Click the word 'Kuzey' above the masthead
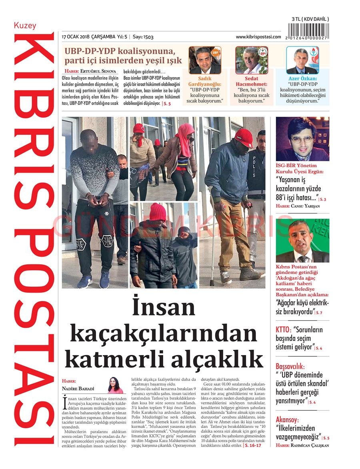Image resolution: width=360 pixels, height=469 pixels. [25, 26]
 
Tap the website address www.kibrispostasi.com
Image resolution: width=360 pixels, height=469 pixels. [258, 37]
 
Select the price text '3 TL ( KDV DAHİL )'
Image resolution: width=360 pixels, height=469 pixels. [310, 19]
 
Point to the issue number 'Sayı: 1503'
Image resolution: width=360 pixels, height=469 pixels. [143, 37]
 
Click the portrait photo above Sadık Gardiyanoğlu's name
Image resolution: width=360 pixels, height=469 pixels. [205, 60]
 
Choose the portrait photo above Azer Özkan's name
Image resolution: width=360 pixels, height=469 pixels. [302, 60]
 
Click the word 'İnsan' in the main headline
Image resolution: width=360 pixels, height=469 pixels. [164, 308]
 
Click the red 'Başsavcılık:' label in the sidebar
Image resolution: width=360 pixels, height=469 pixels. [290, 366]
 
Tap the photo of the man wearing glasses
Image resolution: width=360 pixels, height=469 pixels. [302, 139]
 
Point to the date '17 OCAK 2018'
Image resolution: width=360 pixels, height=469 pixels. [76, 37]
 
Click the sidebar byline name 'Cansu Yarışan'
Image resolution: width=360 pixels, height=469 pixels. [303, 206]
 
